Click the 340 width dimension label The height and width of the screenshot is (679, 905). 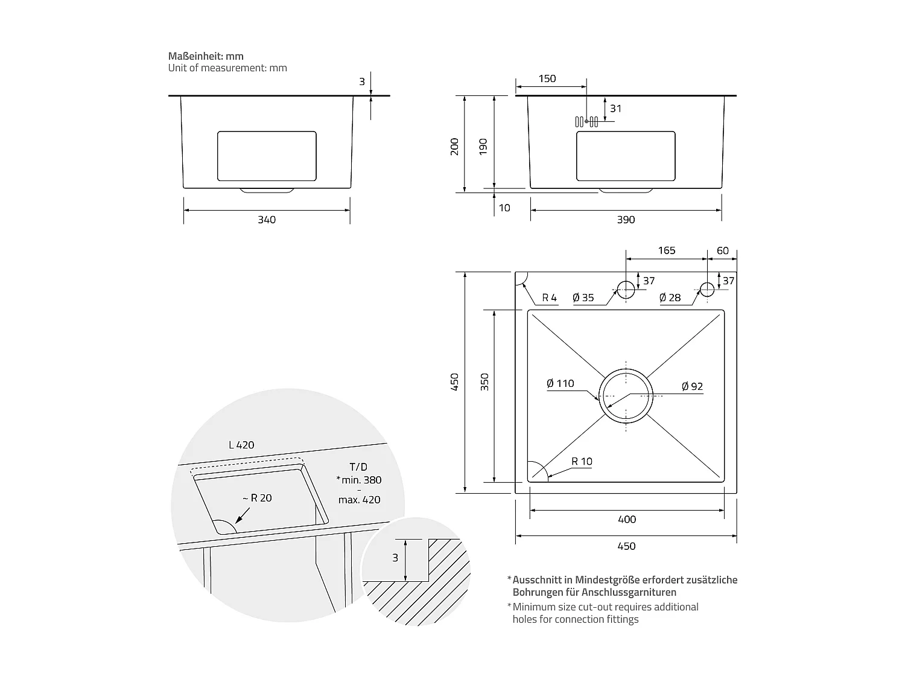pos(266,220)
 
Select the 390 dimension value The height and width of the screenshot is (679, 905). pos(626,220)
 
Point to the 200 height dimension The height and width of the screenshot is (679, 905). pos(454,146)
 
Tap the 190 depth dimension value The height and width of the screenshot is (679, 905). pos(483,146)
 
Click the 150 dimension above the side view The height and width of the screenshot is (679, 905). pos(547,78)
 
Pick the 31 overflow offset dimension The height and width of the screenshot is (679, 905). pos(615,109)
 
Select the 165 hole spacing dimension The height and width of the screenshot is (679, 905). pos(666,250)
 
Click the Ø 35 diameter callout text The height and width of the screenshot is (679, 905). pos(583,298)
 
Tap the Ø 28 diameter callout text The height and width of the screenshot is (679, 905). pos(670,298)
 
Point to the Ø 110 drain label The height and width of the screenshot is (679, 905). pos(560,383)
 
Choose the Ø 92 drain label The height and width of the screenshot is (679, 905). pos(692,386)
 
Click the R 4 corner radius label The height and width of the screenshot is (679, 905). pos(549,298)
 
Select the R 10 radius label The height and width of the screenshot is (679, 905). pos(582,461)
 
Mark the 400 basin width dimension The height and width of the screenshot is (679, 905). pos(627,519)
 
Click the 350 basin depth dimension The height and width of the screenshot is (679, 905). pos(484,381)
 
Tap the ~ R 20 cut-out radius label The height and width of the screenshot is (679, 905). pos(257,498)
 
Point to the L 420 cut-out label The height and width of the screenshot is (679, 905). pos(241,445)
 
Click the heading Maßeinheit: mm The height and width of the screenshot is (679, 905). pos(206,56)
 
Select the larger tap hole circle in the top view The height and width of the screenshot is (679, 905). pos(626,290)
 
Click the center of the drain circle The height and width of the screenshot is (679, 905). pos(626,396)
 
